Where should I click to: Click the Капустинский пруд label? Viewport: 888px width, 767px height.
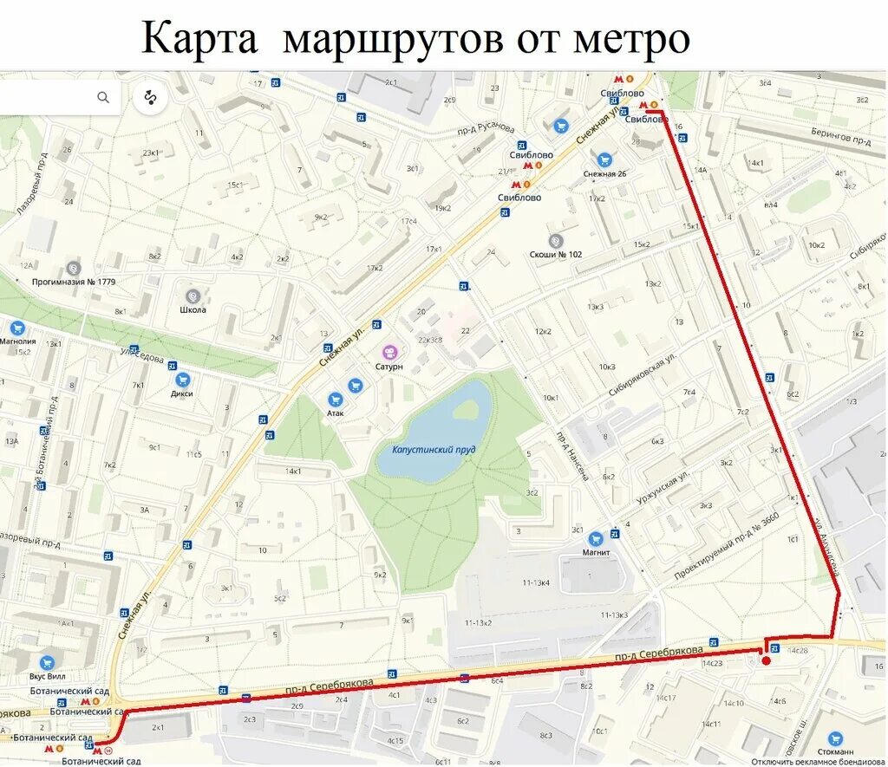[x=434, y=450]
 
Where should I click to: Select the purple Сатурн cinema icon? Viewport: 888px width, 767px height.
[x=390, y=352]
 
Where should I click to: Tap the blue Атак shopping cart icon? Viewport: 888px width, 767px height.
[x=336, y=399]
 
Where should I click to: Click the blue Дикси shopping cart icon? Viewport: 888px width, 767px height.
[x=182, y=379]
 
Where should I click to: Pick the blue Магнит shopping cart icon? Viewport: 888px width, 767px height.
[x=596, y=538]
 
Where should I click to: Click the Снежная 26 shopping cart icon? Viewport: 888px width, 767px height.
[x=604, y=159]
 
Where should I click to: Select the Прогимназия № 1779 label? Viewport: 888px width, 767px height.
[x=74, y=282]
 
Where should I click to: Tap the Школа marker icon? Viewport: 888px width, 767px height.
[x=193, y=296]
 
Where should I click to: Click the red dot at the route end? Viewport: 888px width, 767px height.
[x=766, y=661]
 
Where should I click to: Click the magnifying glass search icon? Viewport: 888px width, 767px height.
[x=103, y=97]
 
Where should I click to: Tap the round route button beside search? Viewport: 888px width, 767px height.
[x=150, y=98]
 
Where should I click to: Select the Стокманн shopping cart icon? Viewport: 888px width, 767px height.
[x=835, y=739]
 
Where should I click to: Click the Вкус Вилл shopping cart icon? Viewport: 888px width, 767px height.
[x=47, y=662]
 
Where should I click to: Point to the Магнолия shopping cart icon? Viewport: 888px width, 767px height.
[x=16, y=328]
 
